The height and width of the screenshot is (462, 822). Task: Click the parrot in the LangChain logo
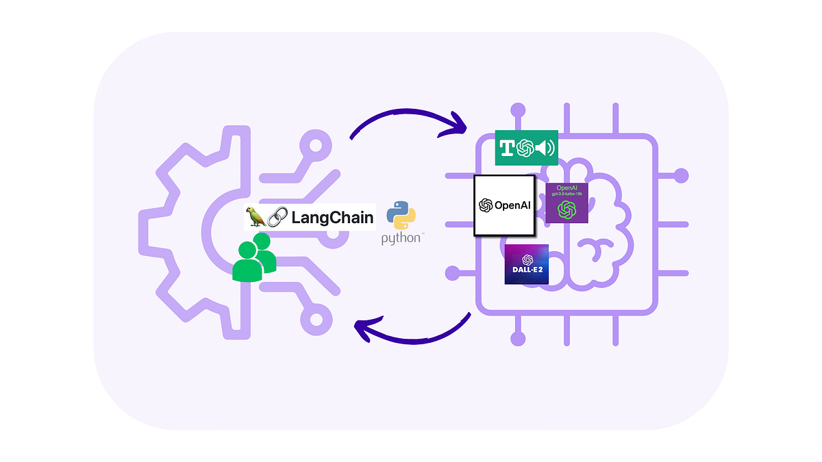click(257, 217)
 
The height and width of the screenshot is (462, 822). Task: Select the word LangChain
click(332, 218)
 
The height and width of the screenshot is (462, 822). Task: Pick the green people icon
click(253, 257)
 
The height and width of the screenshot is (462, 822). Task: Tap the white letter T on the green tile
click(508, 148)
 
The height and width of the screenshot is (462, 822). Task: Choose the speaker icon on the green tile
click(545, 148)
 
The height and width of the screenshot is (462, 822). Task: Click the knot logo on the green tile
click(526, 148)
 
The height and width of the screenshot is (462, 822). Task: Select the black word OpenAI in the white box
click(512, 205)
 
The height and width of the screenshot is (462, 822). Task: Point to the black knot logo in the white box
click(486, 205)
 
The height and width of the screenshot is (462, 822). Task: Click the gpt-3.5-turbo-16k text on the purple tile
click(566, 194)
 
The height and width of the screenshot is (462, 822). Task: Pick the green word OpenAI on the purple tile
click(566, 187)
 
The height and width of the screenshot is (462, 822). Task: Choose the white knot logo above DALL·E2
click(527, 259)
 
